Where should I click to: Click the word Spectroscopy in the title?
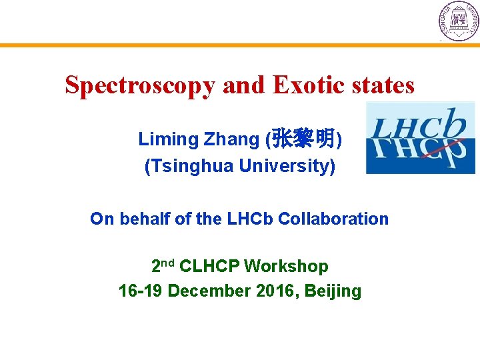pyautogui.click(x=140, y=85)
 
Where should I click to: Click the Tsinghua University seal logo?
pyautogui.click(x=458, y=21)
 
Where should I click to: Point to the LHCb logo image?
pyautogui.click(x=420, y=138)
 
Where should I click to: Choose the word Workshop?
pyautogui.click(x=286, y=267)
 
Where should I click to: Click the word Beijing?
pyautogui.click(x=335, y=292)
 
